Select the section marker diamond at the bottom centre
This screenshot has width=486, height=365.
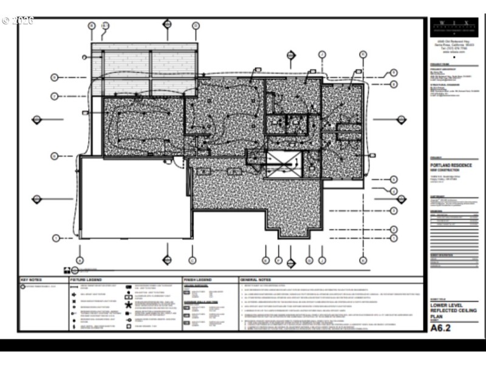(x=290, y=262)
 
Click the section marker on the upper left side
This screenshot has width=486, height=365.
(x=36, y=119)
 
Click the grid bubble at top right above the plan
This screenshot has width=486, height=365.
(x=363, y=54)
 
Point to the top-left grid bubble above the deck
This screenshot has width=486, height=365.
(x=92, y=26)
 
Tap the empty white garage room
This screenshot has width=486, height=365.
(x=134, y=198)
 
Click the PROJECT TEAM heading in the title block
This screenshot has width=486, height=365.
(x=440, y=63)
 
